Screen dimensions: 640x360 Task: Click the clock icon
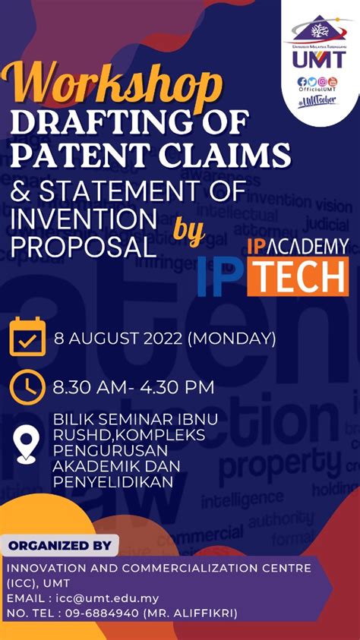click(27, 387)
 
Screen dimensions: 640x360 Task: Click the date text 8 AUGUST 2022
click(118, 339)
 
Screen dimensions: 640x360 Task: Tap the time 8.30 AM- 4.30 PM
click(133, 388)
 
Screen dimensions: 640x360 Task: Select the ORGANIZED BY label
click(60, 545)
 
